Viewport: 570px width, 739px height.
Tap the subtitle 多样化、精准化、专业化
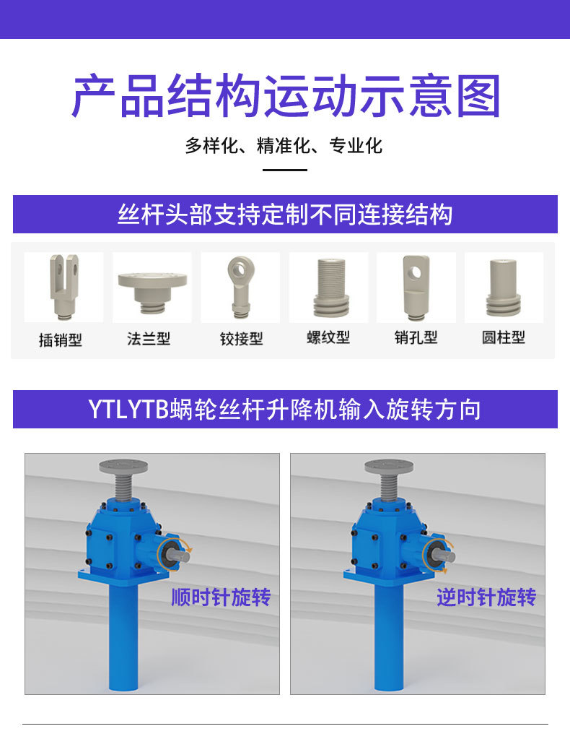(x=284, y=145)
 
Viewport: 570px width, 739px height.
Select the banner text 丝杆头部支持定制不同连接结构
(x=285, y=215)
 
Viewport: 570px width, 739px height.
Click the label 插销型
(x=61, y=339)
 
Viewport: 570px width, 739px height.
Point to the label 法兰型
(x=149, y=338)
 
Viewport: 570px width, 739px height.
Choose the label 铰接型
(x=241, y=338)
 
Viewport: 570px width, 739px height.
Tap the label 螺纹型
(x=328, y=337)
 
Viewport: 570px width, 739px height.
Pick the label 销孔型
(x=416, y=337)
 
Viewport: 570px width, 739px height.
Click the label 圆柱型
(x=504, y=337)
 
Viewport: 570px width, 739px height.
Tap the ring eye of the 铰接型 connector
(x=240, y=269)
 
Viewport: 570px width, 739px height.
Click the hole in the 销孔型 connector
(x=416, y=272)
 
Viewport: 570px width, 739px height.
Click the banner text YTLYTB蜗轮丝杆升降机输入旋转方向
(x=285, y=410)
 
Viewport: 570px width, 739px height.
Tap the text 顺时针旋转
(x=221, y=597)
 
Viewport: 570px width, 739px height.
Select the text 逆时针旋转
(x=486, y=597)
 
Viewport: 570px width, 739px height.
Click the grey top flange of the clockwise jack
(x=123, y=467)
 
